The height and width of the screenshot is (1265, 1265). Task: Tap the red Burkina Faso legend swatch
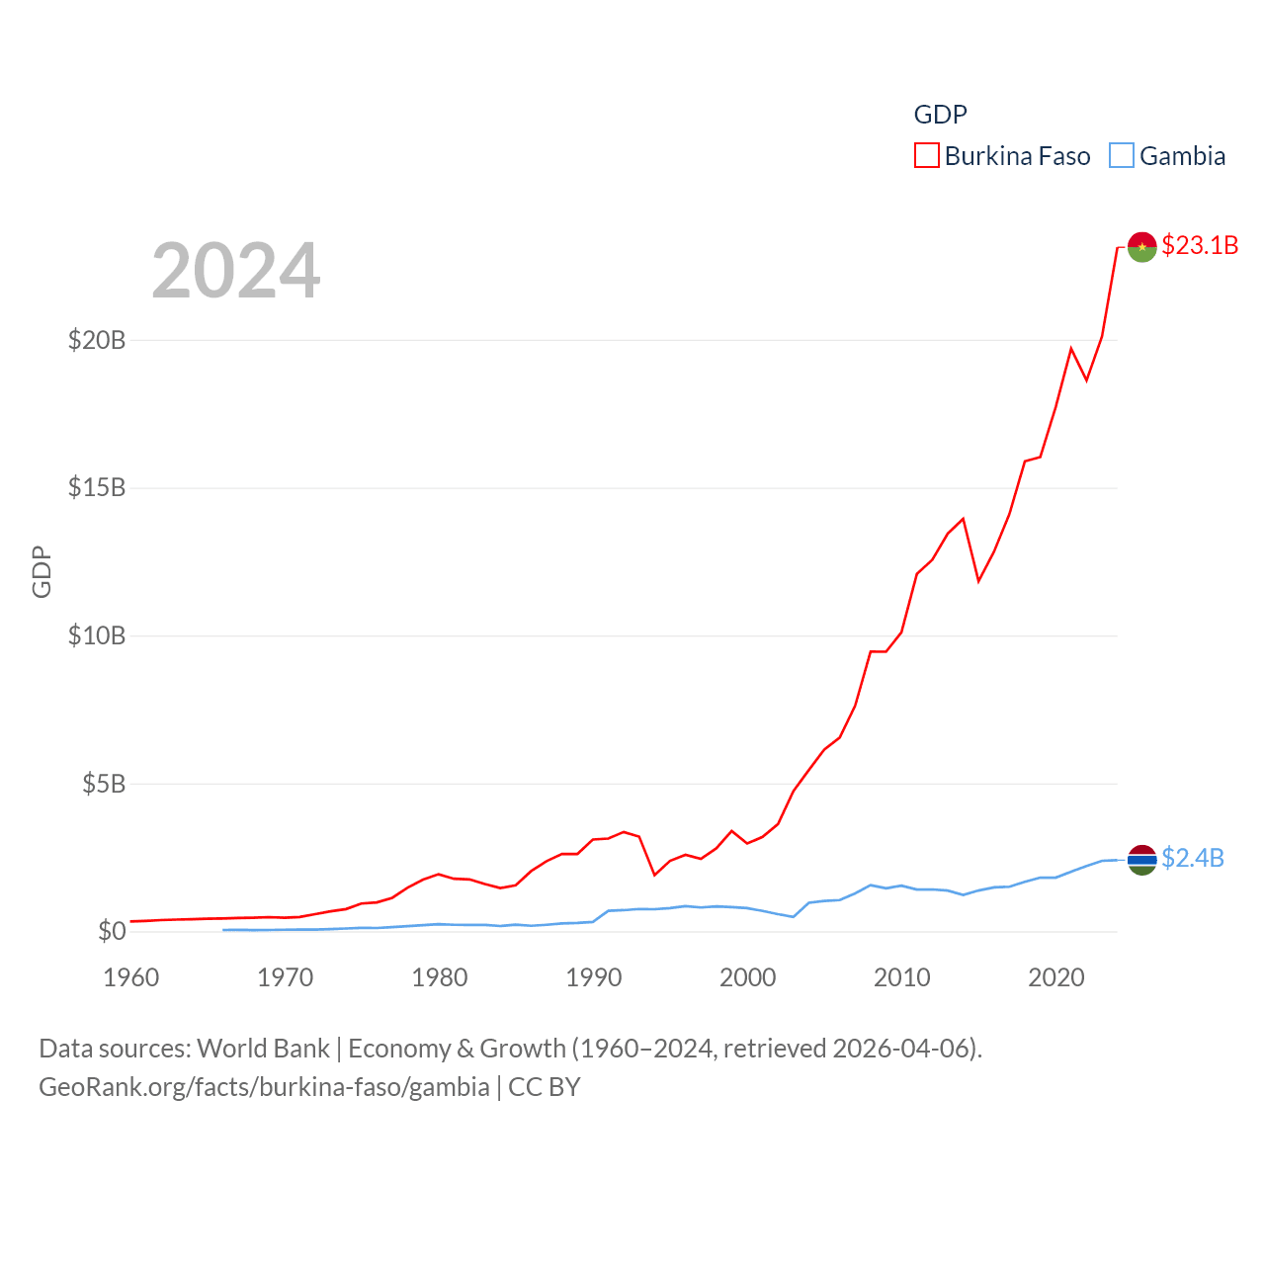pos(927,156)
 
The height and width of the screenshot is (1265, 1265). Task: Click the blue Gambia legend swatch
pos(1122,156)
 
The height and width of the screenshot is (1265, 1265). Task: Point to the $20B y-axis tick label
pos(97,340)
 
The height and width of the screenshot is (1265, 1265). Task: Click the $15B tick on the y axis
pos(97,487)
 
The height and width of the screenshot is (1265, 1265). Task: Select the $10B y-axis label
pos(97,635)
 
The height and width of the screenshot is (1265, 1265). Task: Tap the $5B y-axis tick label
pos(104,784)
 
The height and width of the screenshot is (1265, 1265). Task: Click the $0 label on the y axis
pos(112,931)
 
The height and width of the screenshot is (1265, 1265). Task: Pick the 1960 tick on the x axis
pos(131,977)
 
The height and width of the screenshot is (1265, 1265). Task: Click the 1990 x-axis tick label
pos(594,977)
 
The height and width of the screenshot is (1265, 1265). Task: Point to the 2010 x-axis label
pos(902,977)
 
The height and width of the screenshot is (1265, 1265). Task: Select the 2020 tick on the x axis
pos(1056,977)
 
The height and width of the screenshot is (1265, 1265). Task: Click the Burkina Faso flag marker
pos(1142,247)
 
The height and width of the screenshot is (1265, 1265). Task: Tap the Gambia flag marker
pos(1142,860)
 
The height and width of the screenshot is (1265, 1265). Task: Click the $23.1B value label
pos(1200,245)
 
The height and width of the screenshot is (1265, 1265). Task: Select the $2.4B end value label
pos(1193,858)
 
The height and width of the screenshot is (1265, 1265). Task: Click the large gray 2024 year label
pos(236,270)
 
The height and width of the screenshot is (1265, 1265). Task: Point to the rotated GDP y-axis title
pos(42,571)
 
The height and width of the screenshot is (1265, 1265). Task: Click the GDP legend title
pos(941,115)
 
